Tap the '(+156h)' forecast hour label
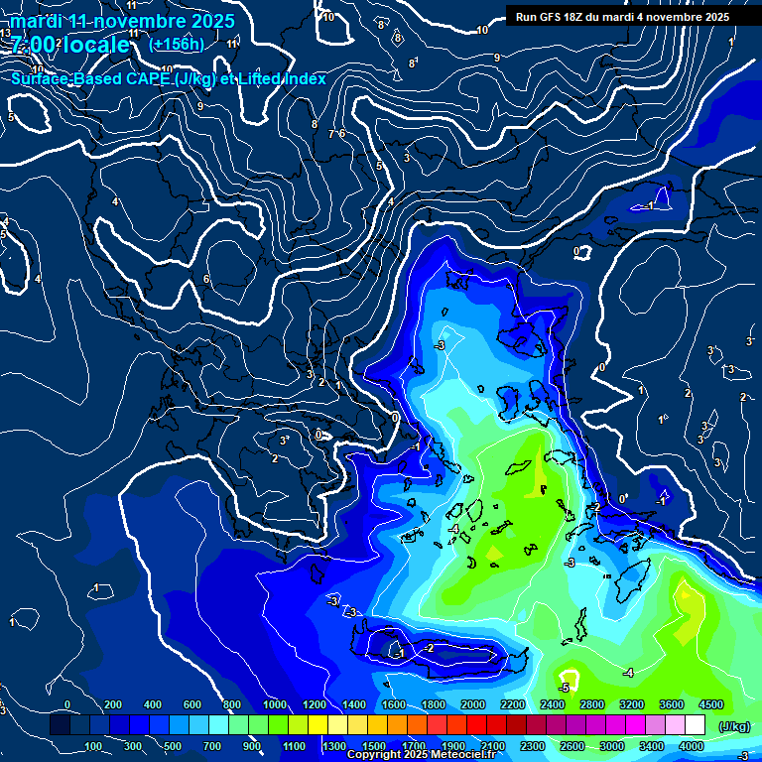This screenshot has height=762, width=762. pos(177,44)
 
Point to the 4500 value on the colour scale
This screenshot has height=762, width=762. pos(710,704)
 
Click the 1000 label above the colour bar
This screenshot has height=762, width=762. pos(274,704)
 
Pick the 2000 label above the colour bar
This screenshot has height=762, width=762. pos(472,704)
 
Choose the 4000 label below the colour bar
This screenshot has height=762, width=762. pos(691,746)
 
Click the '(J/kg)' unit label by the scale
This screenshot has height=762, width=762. pos(733,727)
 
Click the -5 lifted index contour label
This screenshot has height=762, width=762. pos(564,687)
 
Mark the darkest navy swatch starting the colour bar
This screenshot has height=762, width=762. pos(60,726)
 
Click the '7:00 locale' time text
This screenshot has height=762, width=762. pos(69,45)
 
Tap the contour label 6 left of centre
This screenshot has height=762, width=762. pos(206,279)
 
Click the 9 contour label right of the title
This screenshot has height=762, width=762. pos(497,59)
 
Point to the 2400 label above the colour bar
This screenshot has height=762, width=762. pos(552,704)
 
